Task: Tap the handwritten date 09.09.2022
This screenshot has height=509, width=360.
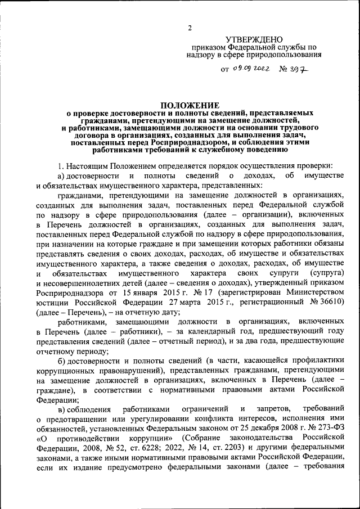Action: click(x=251, y=69)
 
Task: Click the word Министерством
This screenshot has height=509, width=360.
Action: click(x=308, y=293)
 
